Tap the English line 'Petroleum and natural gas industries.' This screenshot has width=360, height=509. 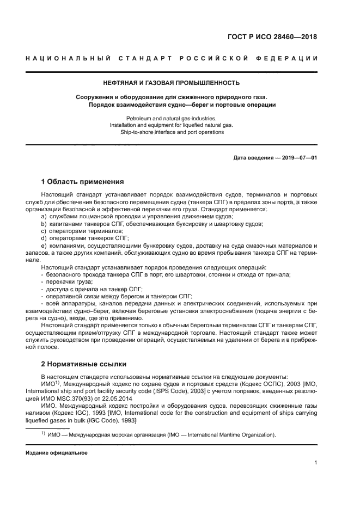[x=171, y=118]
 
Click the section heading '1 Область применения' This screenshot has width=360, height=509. [x=82, y=182]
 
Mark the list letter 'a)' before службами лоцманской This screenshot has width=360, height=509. [x=44, y=217]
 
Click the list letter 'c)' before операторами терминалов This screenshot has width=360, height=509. [x=44, y=231]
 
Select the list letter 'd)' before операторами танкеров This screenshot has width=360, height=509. [x=44, y=238]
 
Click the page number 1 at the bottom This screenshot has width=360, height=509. [x=315, y=463]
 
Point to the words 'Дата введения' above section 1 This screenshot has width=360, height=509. [x=252, y=158]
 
